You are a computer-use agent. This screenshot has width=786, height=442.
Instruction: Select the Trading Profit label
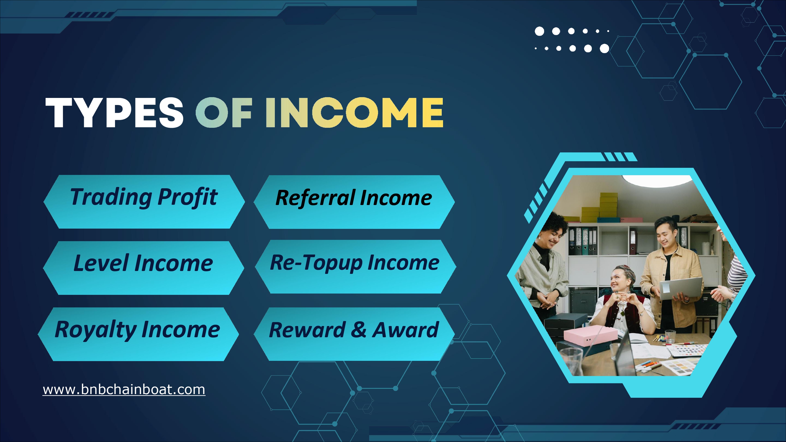pos(144,197)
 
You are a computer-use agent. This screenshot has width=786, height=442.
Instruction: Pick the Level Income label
pos(143,263)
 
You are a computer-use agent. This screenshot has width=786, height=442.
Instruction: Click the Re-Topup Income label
pos(354,263)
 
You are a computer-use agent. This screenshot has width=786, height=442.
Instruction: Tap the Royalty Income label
pos(137,329)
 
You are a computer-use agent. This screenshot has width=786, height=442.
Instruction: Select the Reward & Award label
pos(354,330)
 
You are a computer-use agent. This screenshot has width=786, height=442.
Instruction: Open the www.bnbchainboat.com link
pos(124,390)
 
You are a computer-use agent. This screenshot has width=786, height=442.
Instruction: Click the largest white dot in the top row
pos(539,31)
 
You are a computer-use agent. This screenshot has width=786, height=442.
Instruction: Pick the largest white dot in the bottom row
pos(604,48)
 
